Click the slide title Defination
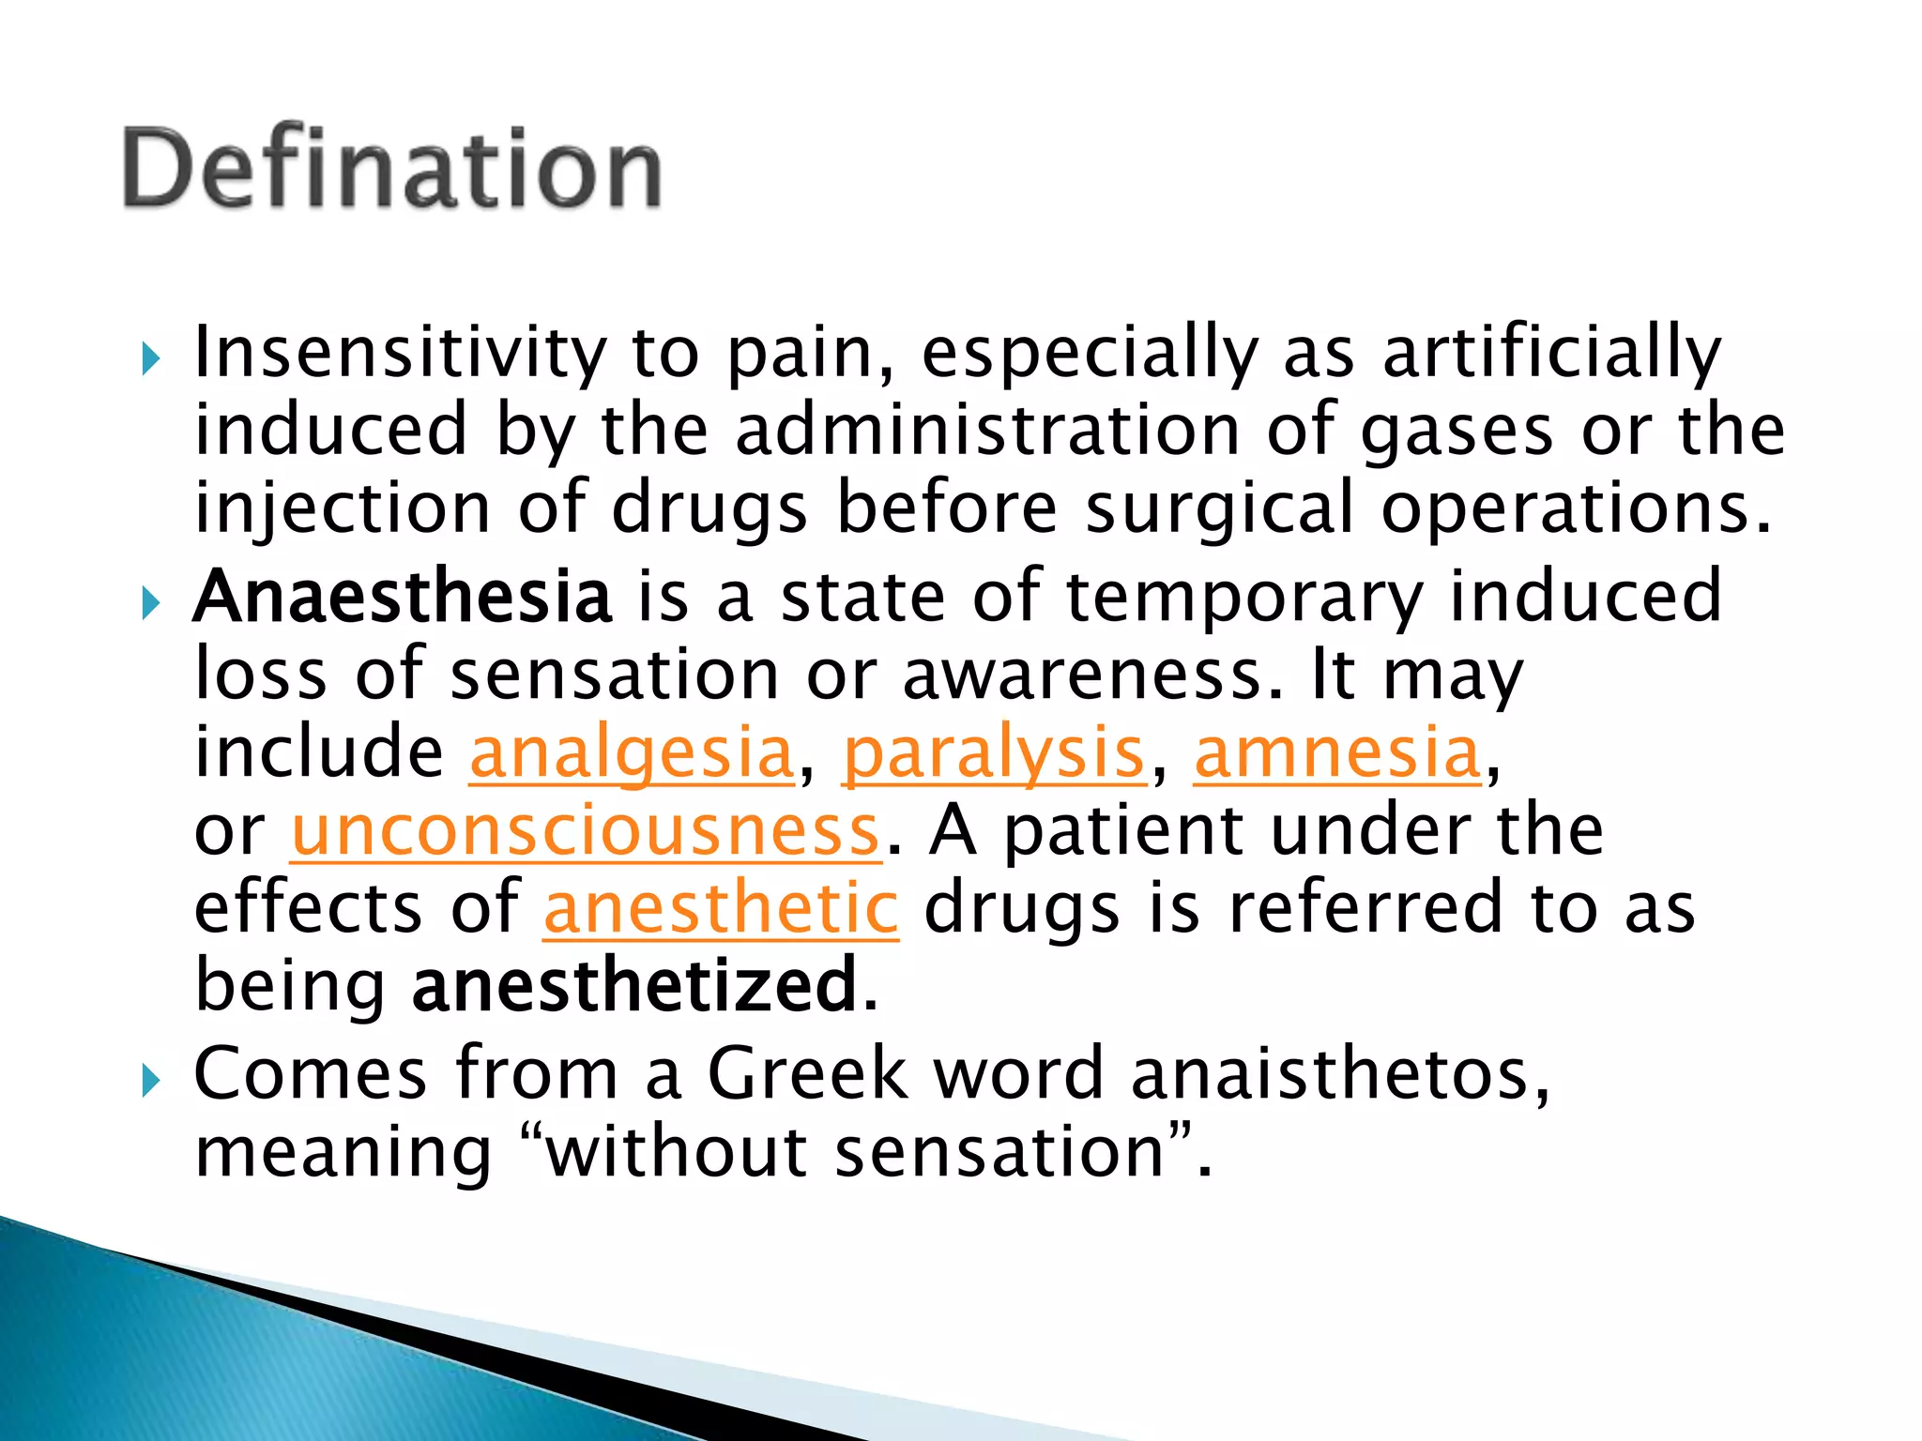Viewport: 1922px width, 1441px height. coord(392,169)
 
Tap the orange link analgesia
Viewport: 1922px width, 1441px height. coord(632,753)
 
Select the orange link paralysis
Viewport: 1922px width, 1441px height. coord(994,753)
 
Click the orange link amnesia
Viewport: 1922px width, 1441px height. coord(1338,753)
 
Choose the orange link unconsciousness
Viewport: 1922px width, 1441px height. coord(586,831)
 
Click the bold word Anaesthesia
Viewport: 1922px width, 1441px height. coord(403,598)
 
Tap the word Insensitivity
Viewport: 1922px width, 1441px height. coord(400,353)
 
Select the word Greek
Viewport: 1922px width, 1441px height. coord(807,1073)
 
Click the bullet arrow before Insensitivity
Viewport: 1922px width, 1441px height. coord(151,358)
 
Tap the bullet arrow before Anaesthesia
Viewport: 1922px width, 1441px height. coord(151,602)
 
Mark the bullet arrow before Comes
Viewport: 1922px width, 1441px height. coord(151,1081)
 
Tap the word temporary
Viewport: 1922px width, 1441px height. coord(1245,598)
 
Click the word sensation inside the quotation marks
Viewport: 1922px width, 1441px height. coord(999,1152)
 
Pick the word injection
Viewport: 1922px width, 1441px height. coord(342,508)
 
